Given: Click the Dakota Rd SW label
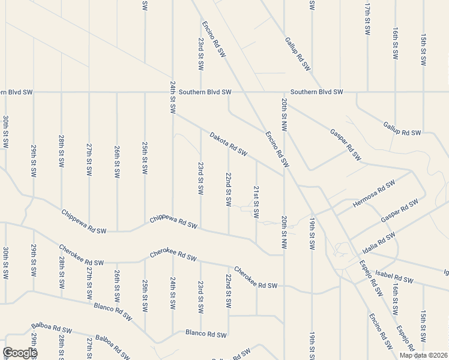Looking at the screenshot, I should (229, 144).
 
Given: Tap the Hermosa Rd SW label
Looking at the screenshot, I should (374, 194).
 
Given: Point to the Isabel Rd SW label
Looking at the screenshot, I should (394, 277).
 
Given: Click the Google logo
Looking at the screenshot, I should (19, 353).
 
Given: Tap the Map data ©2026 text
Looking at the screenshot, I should (423, 355).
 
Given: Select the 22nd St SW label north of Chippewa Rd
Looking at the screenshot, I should (229, 190).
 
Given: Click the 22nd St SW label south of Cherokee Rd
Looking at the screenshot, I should (229, 291).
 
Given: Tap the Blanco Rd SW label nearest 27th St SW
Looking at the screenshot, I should (113, 311).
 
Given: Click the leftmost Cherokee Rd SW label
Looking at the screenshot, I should (82, 255).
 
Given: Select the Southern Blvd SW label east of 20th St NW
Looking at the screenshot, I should (316, 92).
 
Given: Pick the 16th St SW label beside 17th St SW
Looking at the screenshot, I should (396, 43).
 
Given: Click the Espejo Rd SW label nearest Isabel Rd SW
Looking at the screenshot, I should (372, 278).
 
